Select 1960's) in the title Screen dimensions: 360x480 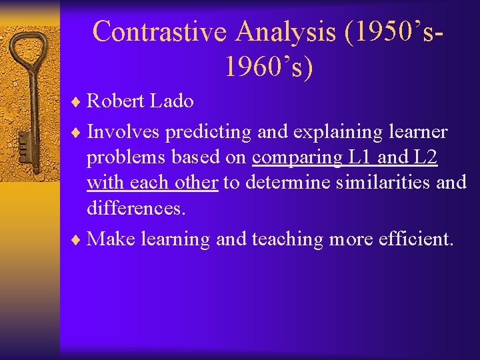pos(269,67)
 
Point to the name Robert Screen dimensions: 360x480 pos(117,101)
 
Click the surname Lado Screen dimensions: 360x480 pos(172,101)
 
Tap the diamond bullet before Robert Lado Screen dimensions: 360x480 pos(77,102)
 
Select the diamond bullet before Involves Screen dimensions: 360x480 pos(77,133)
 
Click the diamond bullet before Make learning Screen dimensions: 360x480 pos(77,239)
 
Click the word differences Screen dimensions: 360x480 pos(135,209)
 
